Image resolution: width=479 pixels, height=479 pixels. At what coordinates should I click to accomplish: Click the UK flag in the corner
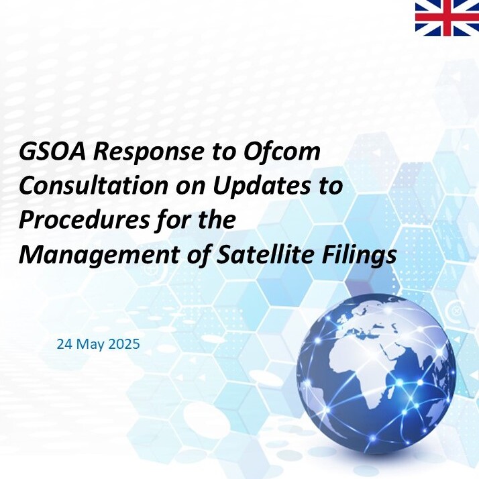pos(447,17)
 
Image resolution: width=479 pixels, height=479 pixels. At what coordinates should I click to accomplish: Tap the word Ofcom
pos(281,151)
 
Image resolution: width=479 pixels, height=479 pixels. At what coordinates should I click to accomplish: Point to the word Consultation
pos(93,185)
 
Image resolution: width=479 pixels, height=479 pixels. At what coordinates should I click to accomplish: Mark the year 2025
pos(124,344)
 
